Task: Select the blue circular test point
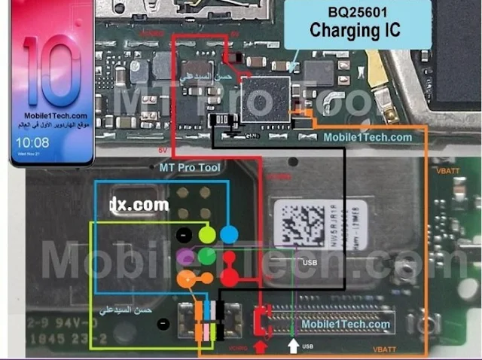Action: [229, 234]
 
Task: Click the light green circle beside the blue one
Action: [207, 234]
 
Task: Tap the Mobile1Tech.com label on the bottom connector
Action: [346, 325]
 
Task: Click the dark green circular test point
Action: [207, 258]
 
